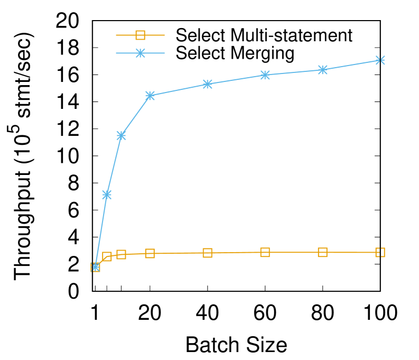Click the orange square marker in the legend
click(140, 35)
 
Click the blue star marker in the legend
click(140, 53)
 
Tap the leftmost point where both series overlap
click(96, 267)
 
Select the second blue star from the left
click(107, 195)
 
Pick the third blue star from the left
click(121, 135)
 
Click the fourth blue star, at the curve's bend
click(150, 96)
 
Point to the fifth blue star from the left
click(208, 84)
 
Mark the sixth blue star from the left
click(265, 75)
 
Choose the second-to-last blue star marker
click(323, 70)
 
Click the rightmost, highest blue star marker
click(380, 60)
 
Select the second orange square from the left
click(107, 256)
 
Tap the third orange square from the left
click(121, 254)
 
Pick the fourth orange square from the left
click(150, 253)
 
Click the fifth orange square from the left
click(208, 253)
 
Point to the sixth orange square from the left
click(265, 252)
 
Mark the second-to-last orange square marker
click(323, 252)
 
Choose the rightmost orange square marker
click(380, 252)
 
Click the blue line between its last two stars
click(351, 65)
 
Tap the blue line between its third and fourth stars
click(135, 116)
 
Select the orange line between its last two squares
click(351, 252)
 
